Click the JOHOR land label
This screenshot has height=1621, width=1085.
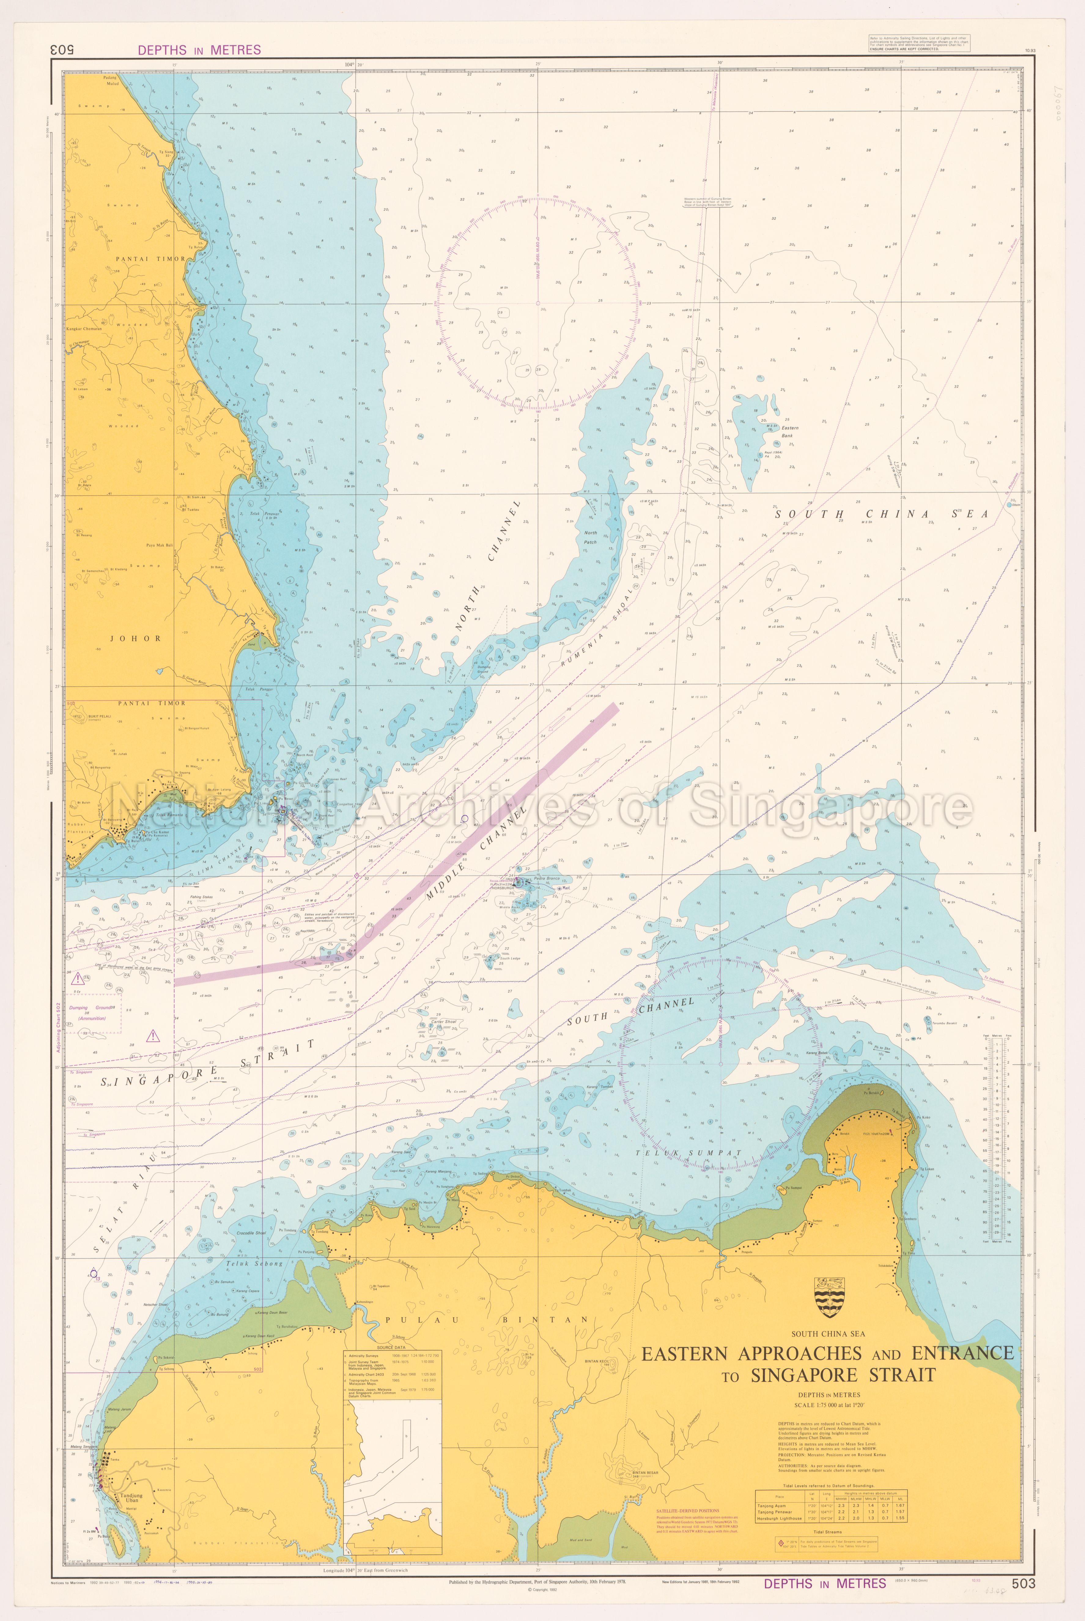(136, 638)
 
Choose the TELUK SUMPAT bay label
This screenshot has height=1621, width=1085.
(688, 1153)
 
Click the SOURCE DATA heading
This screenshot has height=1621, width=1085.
(391, 1348)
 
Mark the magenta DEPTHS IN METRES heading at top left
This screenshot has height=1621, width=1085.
(199, 50)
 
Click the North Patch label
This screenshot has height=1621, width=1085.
(590, 537)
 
